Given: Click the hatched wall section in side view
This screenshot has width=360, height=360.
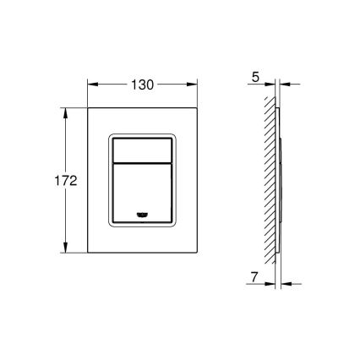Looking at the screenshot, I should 270,180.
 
